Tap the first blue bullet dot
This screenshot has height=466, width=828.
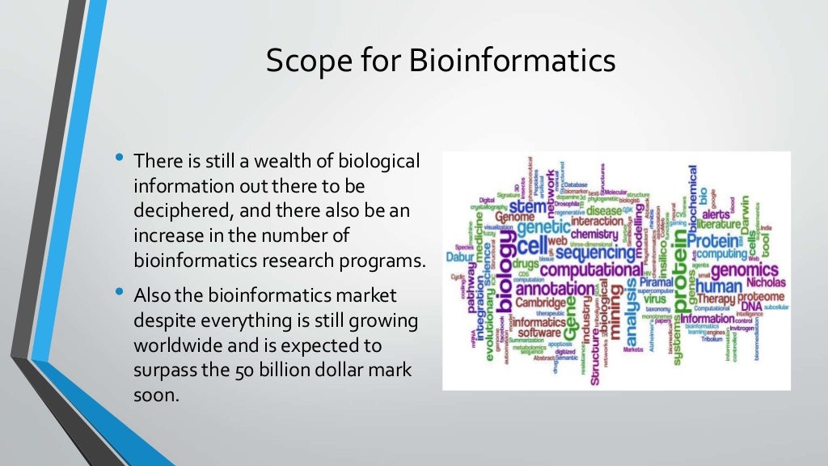coord(120,156)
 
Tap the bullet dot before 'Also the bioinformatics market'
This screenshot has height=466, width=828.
coord(120,291)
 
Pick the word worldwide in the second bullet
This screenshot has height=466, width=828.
coord(181,346)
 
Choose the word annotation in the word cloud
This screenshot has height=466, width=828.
coord(555,289)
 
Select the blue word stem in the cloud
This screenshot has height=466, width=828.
coord(526,207)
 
